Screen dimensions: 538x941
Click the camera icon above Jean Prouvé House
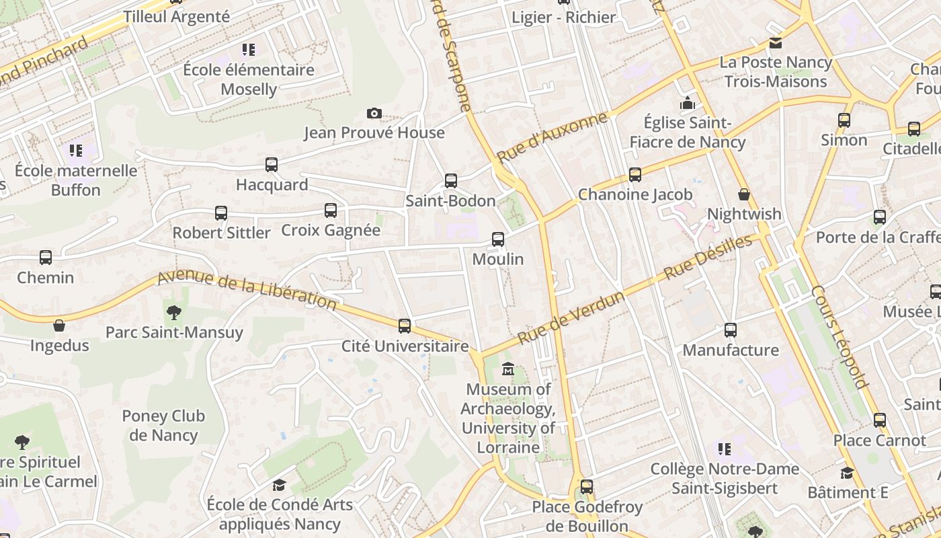[x=374, y=113]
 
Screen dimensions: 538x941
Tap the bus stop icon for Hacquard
[x=272, y=164]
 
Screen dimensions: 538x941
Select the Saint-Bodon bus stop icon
[x=451, y=180]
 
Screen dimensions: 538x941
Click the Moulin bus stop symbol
[x=498, y=239]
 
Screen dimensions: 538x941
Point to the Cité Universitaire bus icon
[x=405, y=326]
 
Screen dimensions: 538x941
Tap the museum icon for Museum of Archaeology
[x=508, y=369]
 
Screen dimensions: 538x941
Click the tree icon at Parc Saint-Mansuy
[x=174, y=312]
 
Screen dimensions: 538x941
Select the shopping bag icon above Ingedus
[x=59, y=325]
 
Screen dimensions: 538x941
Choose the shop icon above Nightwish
[x=744, y=194]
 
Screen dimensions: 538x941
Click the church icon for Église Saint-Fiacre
[x=688, y=103]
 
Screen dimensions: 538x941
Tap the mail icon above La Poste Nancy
[x=776, y=43]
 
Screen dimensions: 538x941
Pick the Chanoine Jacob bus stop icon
[x=635, y=175]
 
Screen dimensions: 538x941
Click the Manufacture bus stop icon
[x=731, y=330]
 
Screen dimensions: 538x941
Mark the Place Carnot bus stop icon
[x=880, y=420]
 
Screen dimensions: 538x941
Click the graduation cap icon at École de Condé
[x=278, y=485]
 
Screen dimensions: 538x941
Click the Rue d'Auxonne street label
[x=552, y=138]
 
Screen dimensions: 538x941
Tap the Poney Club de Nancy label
[x=163, y=426]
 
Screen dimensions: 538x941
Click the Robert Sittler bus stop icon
[x=221, y=213]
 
